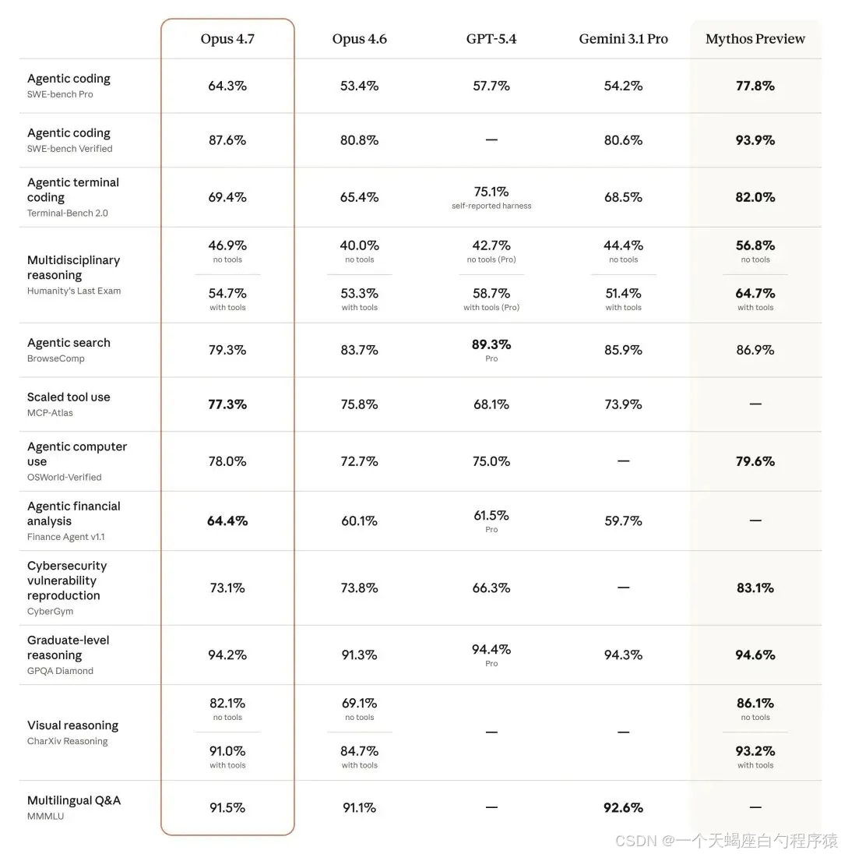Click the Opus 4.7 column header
point(227,39)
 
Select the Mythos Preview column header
point(755,39)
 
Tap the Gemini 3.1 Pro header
point(623,39)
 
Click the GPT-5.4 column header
point(491,39)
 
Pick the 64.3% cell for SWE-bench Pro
point(227,86)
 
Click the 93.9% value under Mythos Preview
point(755,140)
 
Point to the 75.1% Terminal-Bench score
point(491,192)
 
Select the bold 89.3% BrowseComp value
point(491,344)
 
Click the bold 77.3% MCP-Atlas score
point(227,404)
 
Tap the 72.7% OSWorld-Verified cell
point(359,461)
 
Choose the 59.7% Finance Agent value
point(623,521)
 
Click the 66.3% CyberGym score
point(491,588)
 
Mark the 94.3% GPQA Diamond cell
point(623,655)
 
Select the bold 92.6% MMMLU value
point(623,808)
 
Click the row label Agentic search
point(69,343)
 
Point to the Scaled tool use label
point(69,397)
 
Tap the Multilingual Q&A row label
point(74,800)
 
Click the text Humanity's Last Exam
point(74,291)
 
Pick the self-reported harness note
point(491,206)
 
